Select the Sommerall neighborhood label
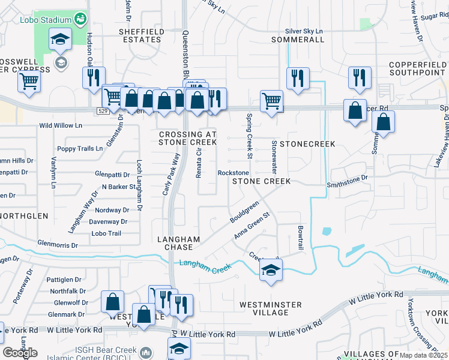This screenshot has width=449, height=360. click(x=298, y=40)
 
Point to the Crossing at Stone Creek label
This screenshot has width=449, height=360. click(x=187, y=138)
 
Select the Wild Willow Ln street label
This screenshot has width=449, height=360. click(x=61, y=125)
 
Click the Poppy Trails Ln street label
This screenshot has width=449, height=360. click(x=80, y=148)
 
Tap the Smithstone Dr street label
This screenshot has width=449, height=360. click(x=346, y=178)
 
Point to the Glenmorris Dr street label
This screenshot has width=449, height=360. click(x=58, y=245)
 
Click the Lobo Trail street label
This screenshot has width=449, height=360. click(x=106, y=233)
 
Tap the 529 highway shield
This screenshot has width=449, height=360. click(x=103, y=111)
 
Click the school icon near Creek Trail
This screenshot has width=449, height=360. click(x=271, y=271)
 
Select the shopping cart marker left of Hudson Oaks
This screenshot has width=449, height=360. click(x=29, y=82)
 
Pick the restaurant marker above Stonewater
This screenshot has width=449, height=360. click(x=298, y=79)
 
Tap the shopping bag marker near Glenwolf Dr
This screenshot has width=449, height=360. click(x=113, y=302)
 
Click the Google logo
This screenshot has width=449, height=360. click(x=20, y=353)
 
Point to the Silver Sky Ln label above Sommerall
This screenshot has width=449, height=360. click(x=304, y=31)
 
